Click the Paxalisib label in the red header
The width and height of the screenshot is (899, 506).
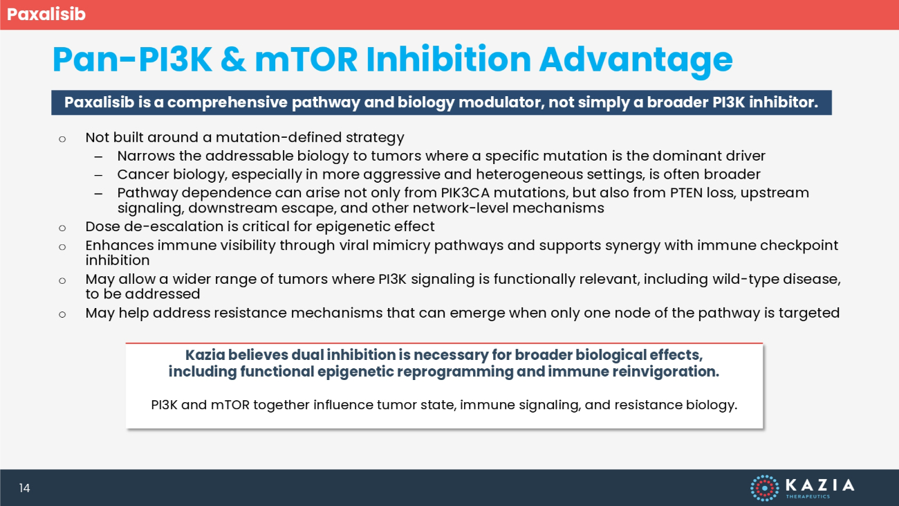46,15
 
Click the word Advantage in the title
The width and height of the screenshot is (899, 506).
636,60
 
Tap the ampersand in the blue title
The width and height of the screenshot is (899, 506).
233,60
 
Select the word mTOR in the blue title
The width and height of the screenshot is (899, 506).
306,60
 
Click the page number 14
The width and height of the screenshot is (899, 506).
24,488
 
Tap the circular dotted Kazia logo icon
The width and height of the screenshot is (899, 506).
765,488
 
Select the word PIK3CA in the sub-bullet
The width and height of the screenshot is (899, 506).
465,192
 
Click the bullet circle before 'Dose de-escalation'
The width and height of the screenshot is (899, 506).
62,228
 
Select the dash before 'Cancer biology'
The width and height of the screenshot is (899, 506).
98,175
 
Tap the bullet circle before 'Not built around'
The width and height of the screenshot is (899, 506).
62,139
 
